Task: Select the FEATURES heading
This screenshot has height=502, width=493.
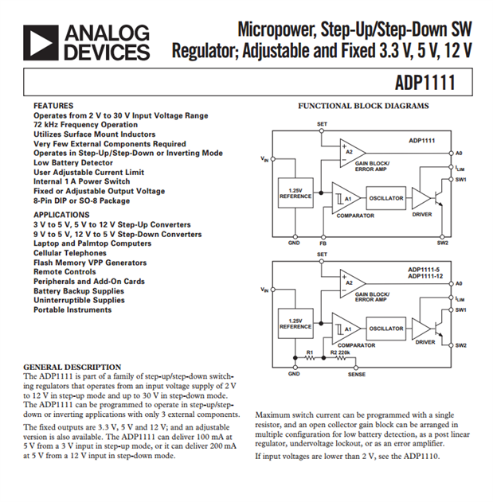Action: (53, 106)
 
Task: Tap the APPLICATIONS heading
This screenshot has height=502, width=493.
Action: (61, 215)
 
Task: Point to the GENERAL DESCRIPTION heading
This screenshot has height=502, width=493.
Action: (72, 368)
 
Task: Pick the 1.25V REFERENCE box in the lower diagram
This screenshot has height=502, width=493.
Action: (295, 324)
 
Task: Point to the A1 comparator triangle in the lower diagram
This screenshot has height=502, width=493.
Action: (342, 328)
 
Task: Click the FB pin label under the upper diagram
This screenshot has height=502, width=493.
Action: (323, 243)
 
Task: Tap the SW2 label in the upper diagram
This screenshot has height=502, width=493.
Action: (443, 243)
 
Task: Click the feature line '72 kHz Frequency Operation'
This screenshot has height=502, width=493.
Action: (85, 125)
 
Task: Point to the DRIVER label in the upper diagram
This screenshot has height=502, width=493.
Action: (423, 215)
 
